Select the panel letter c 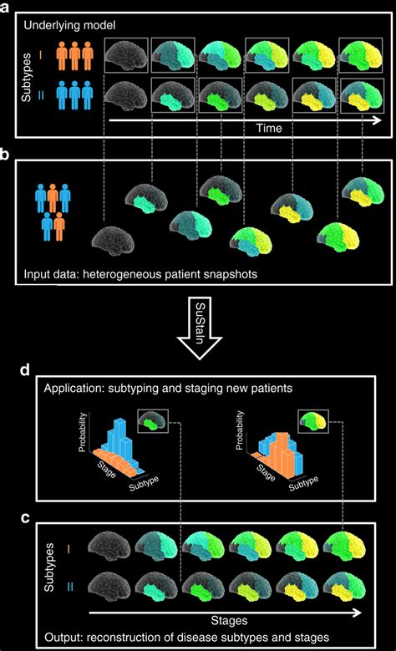7,519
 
